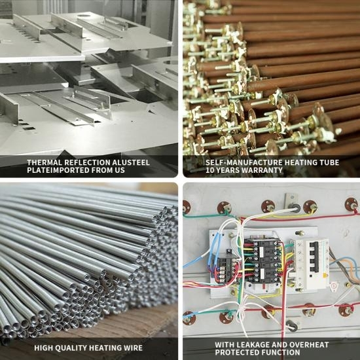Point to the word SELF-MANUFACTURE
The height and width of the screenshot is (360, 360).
click(244, 162)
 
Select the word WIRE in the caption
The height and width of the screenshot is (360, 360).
click(132, 348)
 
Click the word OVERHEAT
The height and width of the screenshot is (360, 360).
click(309, 344)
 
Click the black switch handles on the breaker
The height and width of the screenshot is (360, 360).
click(314, 257)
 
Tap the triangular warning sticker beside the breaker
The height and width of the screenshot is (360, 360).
click(333, 286)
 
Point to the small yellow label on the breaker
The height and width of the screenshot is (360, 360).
click(325, 276)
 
